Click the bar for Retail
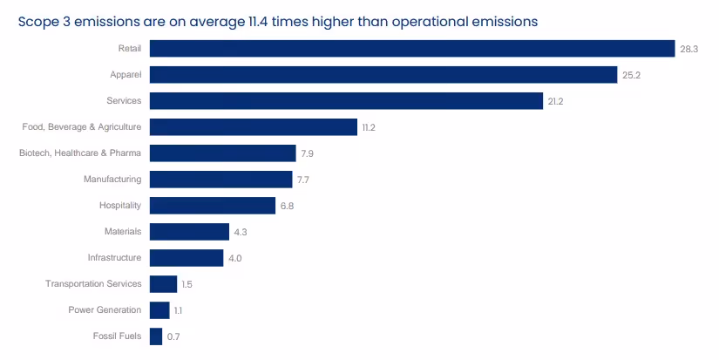412,49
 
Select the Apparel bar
383,75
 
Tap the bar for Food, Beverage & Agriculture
254,127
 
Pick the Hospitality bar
213,206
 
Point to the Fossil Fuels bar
156,336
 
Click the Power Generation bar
159,310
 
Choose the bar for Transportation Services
163,284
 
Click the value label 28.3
688,49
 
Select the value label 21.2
555,101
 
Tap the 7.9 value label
308,153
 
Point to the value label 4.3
241,232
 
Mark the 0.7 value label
173,336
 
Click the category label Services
124,100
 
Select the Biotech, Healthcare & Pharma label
80,153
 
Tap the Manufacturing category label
112,180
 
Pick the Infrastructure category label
115,258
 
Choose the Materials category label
123,232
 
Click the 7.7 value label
303,180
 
